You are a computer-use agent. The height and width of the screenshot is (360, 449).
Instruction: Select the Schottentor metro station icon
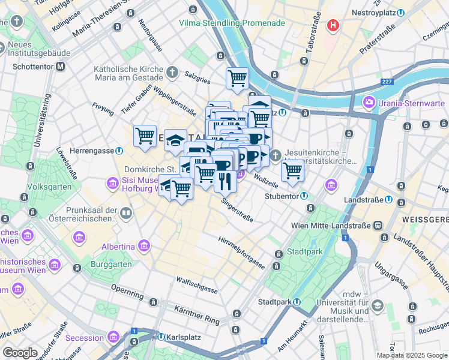pos(60,67)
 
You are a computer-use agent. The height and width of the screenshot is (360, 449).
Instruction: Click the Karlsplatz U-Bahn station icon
pos(161,337)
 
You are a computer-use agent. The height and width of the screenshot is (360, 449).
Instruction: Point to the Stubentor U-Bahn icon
pos(304,195)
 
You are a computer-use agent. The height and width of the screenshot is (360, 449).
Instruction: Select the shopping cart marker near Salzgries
pos(237,77)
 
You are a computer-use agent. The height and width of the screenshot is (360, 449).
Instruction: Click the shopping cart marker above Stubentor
pos(292,170)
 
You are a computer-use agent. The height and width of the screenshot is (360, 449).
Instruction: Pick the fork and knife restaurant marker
pos(225,179)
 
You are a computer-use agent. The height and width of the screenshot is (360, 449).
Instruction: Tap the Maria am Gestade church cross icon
pos(172,73)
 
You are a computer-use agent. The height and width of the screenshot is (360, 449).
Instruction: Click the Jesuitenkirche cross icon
pos(276,156)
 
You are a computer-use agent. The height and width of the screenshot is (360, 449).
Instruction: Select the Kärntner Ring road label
pos(197,316)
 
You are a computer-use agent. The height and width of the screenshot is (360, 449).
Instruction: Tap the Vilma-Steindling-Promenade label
pos(232,23)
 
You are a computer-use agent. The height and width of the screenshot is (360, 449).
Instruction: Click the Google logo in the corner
pos(20,352)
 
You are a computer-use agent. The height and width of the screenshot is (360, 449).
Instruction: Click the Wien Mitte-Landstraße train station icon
pos(379,225)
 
